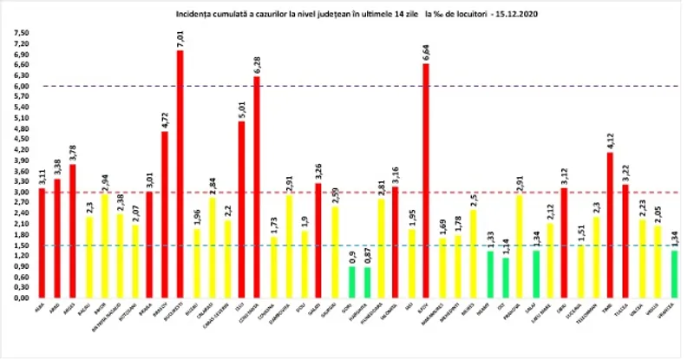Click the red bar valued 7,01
(180, 173)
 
